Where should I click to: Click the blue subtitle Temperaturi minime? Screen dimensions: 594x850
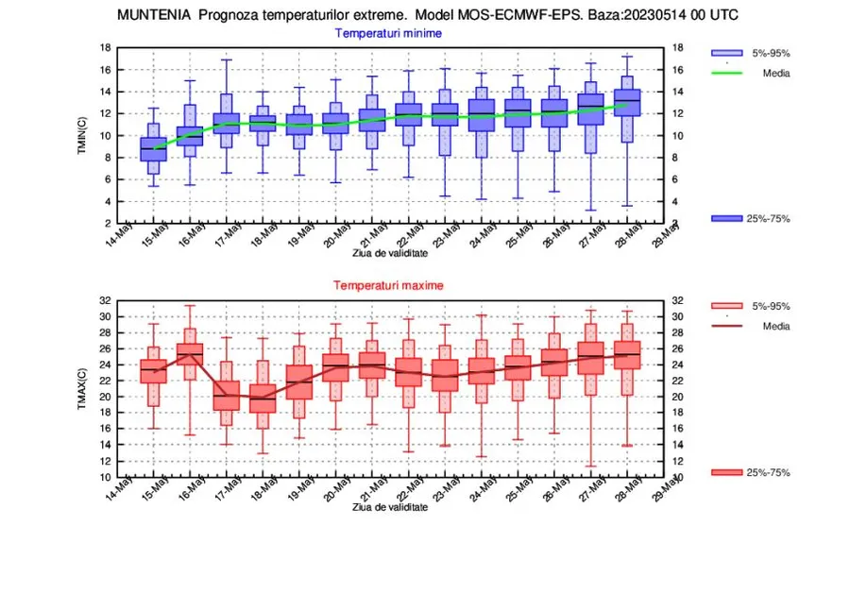[x=388, y=33]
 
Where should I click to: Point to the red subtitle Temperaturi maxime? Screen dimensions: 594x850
[x=387, y=284]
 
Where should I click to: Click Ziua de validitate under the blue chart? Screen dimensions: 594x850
[x=390, y=253]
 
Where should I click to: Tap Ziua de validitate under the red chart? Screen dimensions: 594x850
[x=390, y=507]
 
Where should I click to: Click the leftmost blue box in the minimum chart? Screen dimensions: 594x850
[x=153, y=149]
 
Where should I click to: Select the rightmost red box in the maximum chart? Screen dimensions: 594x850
[x=626, y=355]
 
